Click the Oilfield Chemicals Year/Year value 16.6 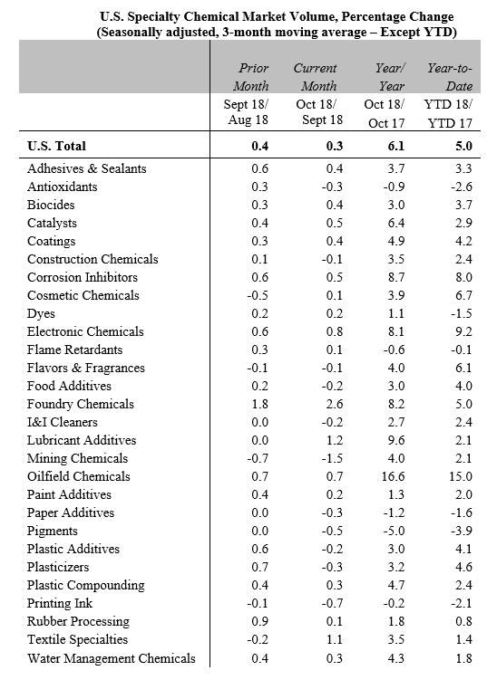pyautogui.click(x=394, y=476)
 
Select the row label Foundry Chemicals pyautogui.click(x=81, y=404)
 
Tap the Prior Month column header pyautogui.click(x=251, y=77)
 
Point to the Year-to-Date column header pyautogui.click(x=450, y=77)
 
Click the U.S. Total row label pyautogui.click(x=56, y=146)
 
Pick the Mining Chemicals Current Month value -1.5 pyautogui.click(x=332, y=458)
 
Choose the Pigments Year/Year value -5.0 pyautogui.click(x=394, y=531)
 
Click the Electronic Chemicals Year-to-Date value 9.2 pyautogui.click(x=463, y=331)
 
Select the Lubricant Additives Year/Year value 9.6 pyautogui.click(x=396, y=440)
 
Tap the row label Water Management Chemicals pyautogui.click(x=112, y=658)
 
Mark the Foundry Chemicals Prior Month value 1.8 pyautogui.click(x=259, y=404)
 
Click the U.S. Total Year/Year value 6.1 pyautogui.click(x=396, y=146)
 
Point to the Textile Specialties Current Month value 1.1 pyautogui.click(x=335, y=639)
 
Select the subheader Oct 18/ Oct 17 pyautogui.click(x=384, y=113)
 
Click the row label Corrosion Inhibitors pyautogui.click(x=83, y=277)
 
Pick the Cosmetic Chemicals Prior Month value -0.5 pyautogui.click(x=258, y=295)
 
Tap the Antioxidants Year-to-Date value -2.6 pyautogui.click(x=461, y=187)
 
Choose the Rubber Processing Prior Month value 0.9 pyautogui.click(x=259, y=621)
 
